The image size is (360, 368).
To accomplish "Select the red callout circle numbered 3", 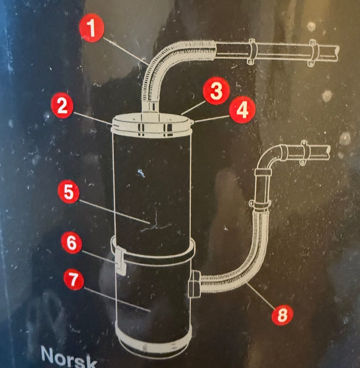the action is [216, 90].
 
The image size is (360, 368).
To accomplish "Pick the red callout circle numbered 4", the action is [242, 110].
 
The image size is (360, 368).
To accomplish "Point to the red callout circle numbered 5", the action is [69, 192].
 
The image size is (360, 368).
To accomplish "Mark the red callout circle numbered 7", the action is [74, 279].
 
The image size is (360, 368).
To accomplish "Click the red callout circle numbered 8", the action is [282, 315].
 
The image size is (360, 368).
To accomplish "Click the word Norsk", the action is [69, 357].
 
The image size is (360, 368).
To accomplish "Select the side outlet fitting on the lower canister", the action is [195, 284].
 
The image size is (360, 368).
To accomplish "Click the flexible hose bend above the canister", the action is [164, 61].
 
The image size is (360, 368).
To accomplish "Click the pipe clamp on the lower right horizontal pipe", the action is [304, 152].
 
